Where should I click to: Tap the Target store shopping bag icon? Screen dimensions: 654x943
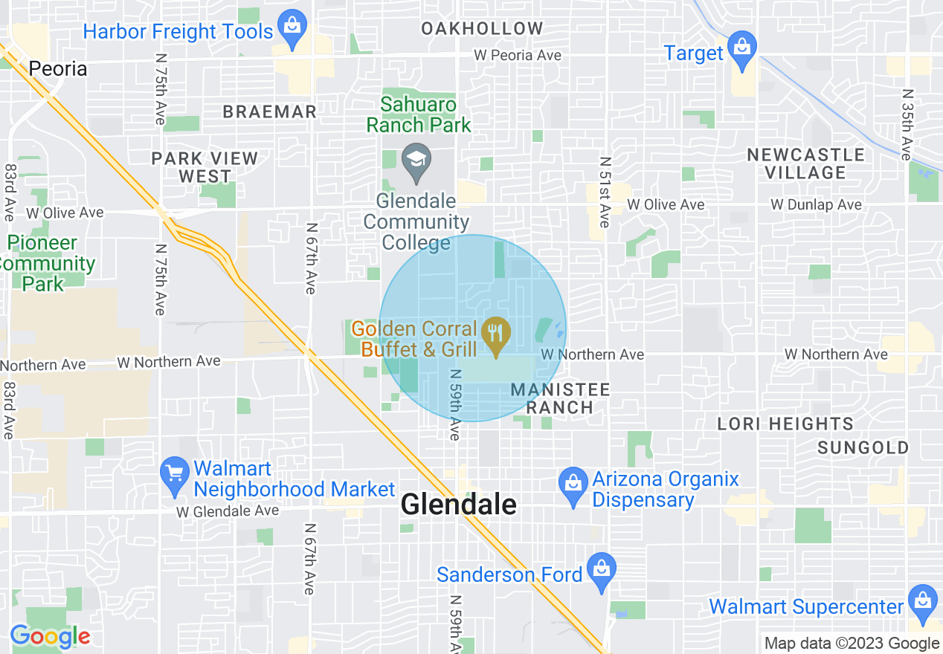741,47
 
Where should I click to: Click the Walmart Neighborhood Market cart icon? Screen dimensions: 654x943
175,474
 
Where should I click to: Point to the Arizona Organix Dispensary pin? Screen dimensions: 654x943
573,485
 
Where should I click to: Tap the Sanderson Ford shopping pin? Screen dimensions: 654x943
602,571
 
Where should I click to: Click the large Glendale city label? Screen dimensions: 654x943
458,505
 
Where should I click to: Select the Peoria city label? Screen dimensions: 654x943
58,69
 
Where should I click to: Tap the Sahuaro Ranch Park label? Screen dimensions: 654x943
419,114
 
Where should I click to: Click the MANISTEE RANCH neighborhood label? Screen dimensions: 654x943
561,398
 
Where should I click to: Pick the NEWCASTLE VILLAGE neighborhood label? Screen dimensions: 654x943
806,163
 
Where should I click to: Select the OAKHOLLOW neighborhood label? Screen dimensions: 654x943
482,29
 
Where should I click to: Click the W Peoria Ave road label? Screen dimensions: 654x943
518,56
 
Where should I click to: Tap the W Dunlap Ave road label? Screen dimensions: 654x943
816,204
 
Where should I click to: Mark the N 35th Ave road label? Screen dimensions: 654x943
906,125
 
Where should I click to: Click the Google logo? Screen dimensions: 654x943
50,636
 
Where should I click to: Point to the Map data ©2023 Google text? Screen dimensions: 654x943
852,644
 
